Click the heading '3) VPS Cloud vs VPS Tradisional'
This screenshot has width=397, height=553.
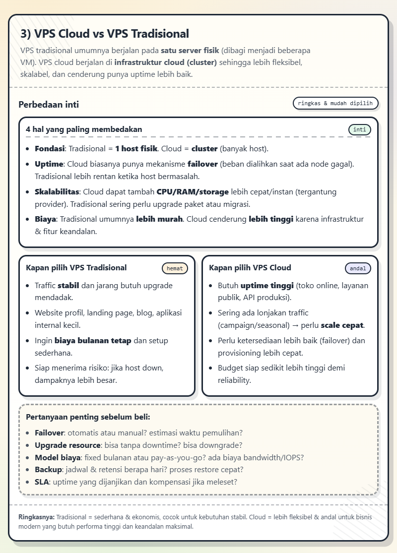(105, 34)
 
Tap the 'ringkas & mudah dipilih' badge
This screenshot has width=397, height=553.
(336, 103)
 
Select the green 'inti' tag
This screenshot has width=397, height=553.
(360, 130)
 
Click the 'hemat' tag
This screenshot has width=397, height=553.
(175, 268)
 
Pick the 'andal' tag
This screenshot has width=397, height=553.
(358, 268)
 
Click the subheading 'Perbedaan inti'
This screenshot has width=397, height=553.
(49, 105)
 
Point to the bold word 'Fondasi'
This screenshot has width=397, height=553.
(50, 149)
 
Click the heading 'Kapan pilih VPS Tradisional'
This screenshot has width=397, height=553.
(76, 268)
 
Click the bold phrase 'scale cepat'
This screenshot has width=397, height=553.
(342, 325)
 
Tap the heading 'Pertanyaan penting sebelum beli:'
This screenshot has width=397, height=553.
(88, 417)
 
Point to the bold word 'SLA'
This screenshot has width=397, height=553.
(42, 482)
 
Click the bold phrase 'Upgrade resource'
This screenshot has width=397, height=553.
(67, 445)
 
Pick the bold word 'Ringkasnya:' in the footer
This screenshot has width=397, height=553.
(36, 517)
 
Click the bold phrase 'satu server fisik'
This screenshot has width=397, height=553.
(190, 51)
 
